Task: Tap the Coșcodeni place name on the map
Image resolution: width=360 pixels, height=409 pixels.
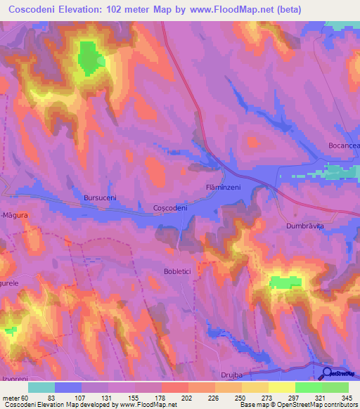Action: click(169, 209)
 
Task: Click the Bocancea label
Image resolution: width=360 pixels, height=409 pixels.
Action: click(343, 145)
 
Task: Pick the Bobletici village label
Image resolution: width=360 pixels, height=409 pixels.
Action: click(178, 271)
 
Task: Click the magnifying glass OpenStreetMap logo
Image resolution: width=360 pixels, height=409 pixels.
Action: click(328, 375)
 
